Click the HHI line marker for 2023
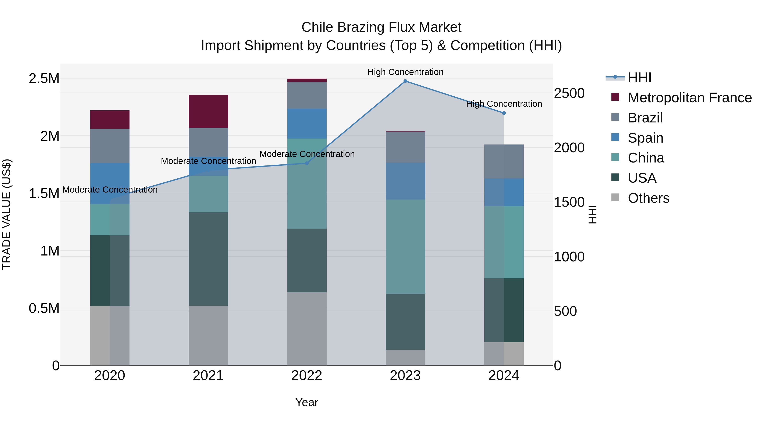pyautogui.click(x=405, y=81)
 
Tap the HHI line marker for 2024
pyautogui.click(x=504, y=113)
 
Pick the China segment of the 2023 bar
pyautogui.click(x=405, y=247)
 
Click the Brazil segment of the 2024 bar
pyautogui.click(x=504, y=161)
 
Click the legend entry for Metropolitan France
pyautogui.click(x=689, y=98)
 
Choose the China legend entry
pyautogui.click(x=646, y=158)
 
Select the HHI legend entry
pyautogui.click(x=639, y=78)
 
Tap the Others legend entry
pyautogui.click(x=648, y=198)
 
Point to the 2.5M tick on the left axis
pyautogui.click(x=44, y=79)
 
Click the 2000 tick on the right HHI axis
pyautogui.click(x=569, y=148)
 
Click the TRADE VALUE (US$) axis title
pyautogui.click(x=7, y=214)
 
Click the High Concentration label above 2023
pyautogui.click(x=405, y=72)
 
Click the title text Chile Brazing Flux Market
pyautogui.click(x=381, y=27)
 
